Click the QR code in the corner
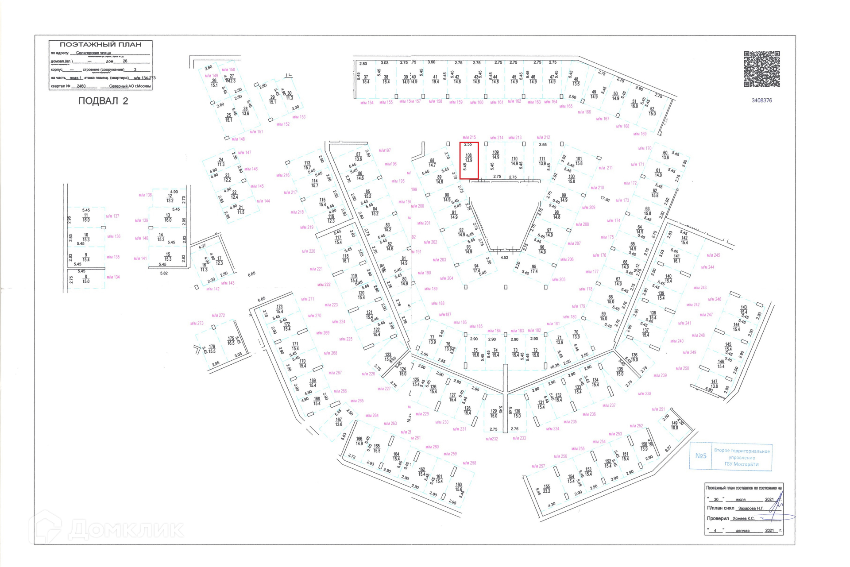(x=761, y=69)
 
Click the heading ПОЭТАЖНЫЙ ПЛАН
(x=100, y=45)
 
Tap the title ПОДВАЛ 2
(x=103, y=101)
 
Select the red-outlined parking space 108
(x=469, y=160)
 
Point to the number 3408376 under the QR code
(x=761, y=100)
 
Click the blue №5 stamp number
(x=700, y=456)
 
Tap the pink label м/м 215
(x=469, y=138)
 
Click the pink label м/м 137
(x=112, y=216)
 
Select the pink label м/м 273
(x=197, y=324)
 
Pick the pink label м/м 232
(x=492, y=439)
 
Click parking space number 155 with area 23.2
(x=547, y=489)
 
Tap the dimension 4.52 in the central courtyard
(x=504, y=258)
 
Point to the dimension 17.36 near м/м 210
(x=605, y=200)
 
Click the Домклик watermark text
(x=126, y=529)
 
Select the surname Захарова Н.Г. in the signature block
(x=750, y=509)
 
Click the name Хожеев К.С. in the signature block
(x=743, y=518)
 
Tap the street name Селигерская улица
(x=93, y=53)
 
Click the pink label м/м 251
(x=658, y=409)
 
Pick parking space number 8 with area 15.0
(x=86, y=279)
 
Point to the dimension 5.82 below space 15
(x=164, y=274)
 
